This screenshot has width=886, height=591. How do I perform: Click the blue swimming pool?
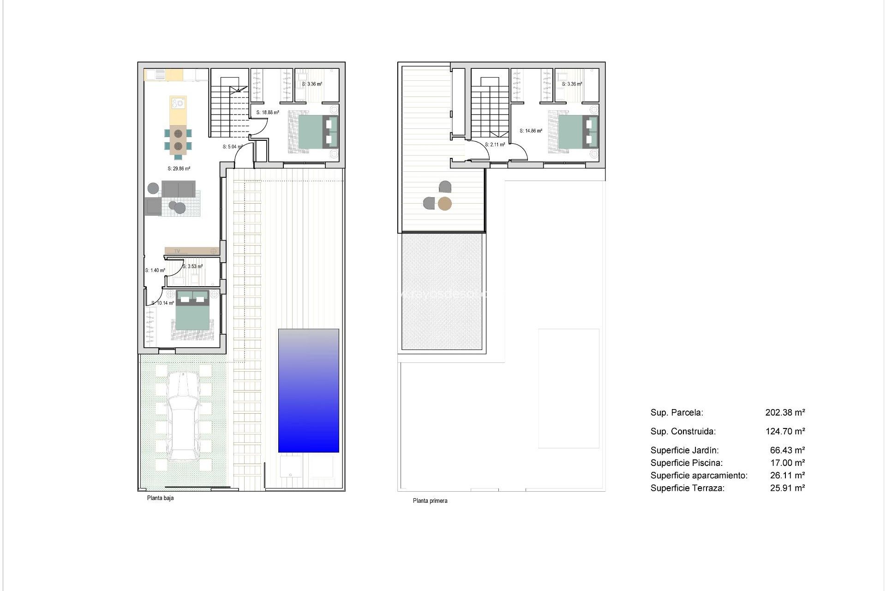click(308, 390)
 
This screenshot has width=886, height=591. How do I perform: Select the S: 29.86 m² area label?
click(179, 169)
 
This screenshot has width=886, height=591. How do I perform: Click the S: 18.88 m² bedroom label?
click(268, 113)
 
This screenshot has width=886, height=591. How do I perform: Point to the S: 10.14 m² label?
click(163, 303)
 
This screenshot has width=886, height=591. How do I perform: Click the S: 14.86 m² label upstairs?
click(531, 131)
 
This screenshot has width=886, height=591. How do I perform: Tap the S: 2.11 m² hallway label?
click(495, 145)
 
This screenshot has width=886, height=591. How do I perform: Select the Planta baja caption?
click(160, 498)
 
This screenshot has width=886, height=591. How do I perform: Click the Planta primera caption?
click(430, 501)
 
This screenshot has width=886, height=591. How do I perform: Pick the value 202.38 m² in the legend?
click(785, 413)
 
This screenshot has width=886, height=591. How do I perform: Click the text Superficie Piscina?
click(686, 463)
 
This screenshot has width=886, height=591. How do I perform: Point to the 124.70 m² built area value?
click(785, 432)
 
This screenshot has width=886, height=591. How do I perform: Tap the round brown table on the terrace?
click(444, 204)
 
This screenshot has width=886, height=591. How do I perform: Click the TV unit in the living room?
click(192, 251)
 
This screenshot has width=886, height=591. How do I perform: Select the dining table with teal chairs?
click(178, 140)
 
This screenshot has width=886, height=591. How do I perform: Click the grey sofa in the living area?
click(178, 188)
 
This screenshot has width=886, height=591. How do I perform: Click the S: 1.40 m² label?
click(155, 271)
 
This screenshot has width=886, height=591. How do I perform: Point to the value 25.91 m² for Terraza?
click(787, 488)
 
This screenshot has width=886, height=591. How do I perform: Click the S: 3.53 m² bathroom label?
click(192, 266)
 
